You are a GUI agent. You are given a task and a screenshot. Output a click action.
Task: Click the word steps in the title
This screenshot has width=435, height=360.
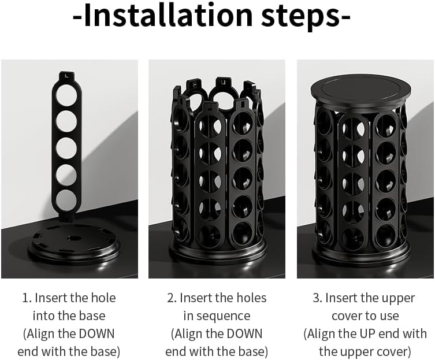(x=301, y=17)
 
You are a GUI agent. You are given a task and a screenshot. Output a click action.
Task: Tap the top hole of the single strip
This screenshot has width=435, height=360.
(x=66, y=96)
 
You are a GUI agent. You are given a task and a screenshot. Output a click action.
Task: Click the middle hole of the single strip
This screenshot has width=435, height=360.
(x=66, y=149)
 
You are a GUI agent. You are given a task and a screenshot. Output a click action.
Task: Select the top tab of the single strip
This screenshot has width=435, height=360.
(x=67, y=76)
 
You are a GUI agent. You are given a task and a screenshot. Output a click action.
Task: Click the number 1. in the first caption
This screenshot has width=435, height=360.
(x=27, y=298)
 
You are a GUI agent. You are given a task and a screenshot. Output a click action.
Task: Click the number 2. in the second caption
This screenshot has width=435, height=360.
(x=172, y=298)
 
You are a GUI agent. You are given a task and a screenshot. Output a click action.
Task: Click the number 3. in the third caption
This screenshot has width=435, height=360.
(x=318, y=298)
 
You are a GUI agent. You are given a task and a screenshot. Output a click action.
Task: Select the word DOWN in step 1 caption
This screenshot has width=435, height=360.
(x=96, y=333)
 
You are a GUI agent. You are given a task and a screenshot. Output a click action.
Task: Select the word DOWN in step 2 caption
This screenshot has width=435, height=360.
(x=244, y=333)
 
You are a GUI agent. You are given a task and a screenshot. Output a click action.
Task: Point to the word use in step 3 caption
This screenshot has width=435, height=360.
(x=390, y=317)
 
